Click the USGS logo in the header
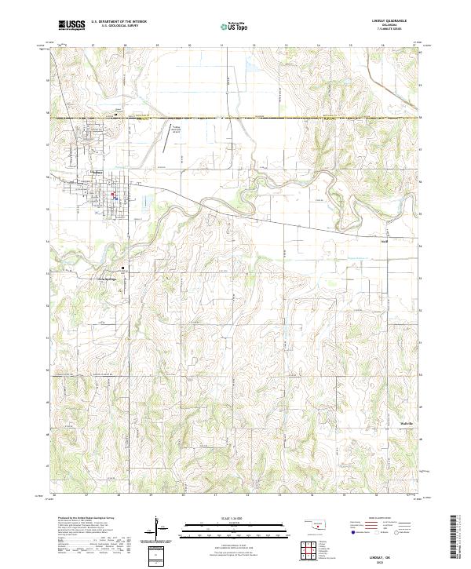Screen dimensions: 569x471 pos(71,25)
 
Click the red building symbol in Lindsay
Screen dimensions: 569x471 pos(112,195)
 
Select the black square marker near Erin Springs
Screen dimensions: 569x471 pos(122,268)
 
